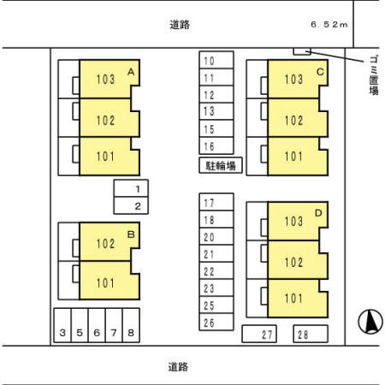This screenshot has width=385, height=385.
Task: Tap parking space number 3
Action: (62, 333)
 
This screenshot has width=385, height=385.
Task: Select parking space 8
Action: (131, 333)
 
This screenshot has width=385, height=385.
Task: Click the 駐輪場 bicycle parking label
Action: (221, 165)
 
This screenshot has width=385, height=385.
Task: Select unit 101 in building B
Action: (105, 281)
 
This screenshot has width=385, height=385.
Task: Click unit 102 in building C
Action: (293, 120)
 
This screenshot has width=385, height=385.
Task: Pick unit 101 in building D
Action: (293, 299)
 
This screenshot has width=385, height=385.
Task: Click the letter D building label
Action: (318, 213)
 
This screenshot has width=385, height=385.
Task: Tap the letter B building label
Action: (130, 233)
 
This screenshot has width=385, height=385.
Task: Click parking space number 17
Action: (210, 204)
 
